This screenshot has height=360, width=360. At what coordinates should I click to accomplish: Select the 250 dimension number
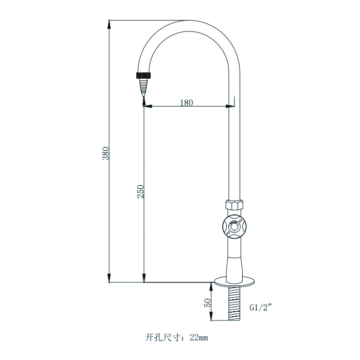click(140, 191)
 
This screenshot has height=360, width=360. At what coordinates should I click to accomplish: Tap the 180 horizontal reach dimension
click(186, 102)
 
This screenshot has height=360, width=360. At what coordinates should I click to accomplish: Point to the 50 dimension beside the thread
click(208, 302)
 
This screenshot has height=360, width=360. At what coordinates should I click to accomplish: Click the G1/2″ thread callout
click(260, 308)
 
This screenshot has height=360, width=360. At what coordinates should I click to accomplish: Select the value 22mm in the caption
click(199, 338)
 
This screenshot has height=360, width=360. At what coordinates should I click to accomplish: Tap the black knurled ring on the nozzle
click(143, 76)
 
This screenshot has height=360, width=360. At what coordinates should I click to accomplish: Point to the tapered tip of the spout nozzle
click(143, 91)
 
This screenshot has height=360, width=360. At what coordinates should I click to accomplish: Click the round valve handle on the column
click(235, 226)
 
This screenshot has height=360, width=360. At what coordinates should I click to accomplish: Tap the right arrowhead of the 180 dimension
click(226, 106)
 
